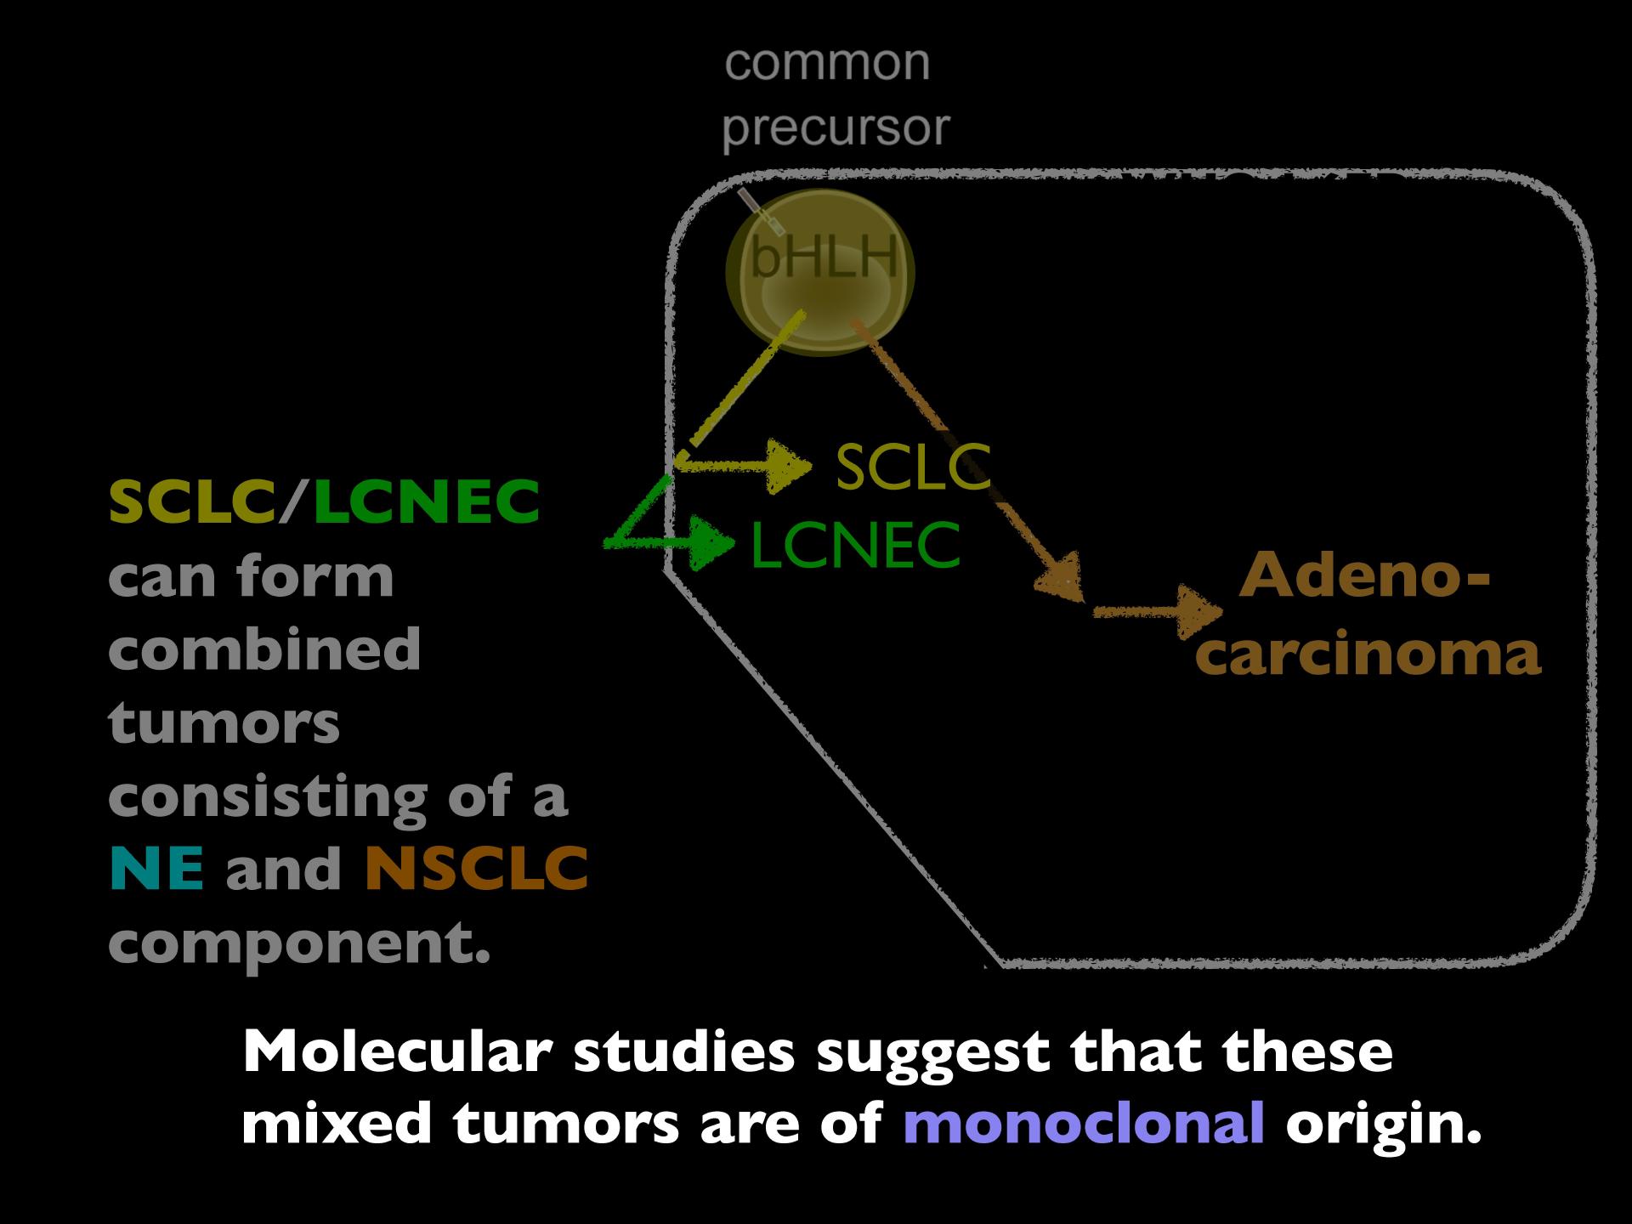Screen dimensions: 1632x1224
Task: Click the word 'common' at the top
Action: (x=827, y=64)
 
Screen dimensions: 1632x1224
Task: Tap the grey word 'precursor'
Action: (x=836, y=128)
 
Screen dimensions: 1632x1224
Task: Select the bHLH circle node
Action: (x=819, y=271)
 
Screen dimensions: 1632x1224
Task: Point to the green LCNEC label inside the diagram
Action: (x=855, y=545)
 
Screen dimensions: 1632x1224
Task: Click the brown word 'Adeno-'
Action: (x=1364, y=576)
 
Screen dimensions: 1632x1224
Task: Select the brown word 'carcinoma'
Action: (x=1368, y=654)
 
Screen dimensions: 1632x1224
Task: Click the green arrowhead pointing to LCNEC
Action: (x=712, y=541)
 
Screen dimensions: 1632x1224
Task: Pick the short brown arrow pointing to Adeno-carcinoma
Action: (x=1158, y=611)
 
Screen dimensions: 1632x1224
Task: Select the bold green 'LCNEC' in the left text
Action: (x=427, y=501)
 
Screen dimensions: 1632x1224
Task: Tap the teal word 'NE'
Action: (x=156, y=869)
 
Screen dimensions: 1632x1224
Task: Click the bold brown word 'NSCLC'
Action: (x=476, y=869)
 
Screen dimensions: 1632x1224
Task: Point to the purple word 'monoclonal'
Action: (x=1084, y=1124)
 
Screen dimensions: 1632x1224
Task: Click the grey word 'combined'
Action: (x=264, y=648)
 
